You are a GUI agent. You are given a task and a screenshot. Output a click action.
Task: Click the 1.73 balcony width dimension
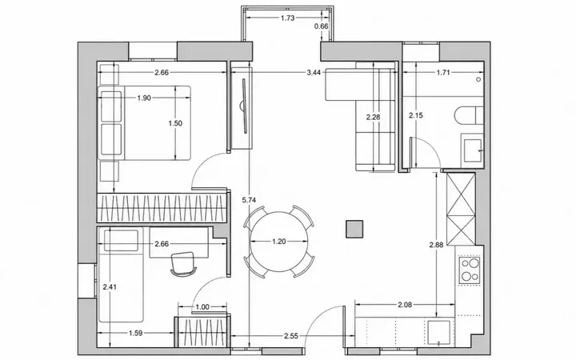[288, 18]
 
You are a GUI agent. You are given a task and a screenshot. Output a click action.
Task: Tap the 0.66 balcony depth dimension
[322, 26]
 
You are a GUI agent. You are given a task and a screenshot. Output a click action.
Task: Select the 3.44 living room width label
[314, 72]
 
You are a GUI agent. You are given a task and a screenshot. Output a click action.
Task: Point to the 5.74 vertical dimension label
[249, 200]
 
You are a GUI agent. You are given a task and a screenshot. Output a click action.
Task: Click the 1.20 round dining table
[279, 242]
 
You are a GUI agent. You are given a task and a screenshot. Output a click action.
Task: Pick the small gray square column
[354, 229]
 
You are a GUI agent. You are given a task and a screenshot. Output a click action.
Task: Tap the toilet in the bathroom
[469, 115]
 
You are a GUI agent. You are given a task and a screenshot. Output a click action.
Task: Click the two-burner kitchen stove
[470, 270]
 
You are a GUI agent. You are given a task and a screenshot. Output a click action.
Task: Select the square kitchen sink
[438, 333]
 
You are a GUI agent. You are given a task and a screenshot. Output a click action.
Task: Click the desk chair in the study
[182, 264]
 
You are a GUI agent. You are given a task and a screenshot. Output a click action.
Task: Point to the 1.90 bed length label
[144, 98]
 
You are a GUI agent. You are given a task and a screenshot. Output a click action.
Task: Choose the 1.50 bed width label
[175, 123]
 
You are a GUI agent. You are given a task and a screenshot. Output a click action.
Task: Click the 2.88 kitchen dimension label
[437, 245]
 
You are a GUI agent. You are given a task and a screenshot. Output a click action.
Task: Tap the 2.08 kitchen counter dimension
[405, 304]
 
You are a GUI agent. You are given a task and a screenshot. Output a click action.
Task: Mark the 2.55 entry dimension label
[291, 335]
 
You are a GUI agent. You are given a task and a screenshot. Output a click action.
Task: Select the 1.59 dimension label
[135, 333]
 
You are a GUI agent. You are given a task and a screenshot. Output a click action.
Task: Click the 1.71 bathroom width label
[443, 72]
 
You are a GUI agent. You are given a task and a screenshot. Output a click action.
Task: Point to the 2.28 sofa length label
[374, 117]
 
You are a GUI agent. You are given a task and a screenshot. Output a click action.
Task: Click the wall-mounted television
[243, 106]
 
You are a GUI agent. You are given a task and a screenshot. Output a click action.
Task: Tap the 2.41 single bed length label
[110, 287]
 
